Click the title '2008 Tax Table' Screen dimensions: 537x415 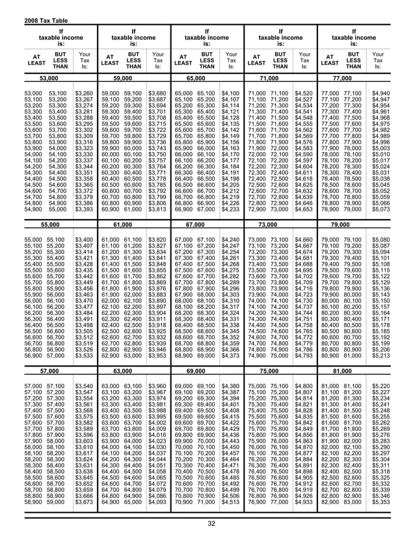25,5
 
